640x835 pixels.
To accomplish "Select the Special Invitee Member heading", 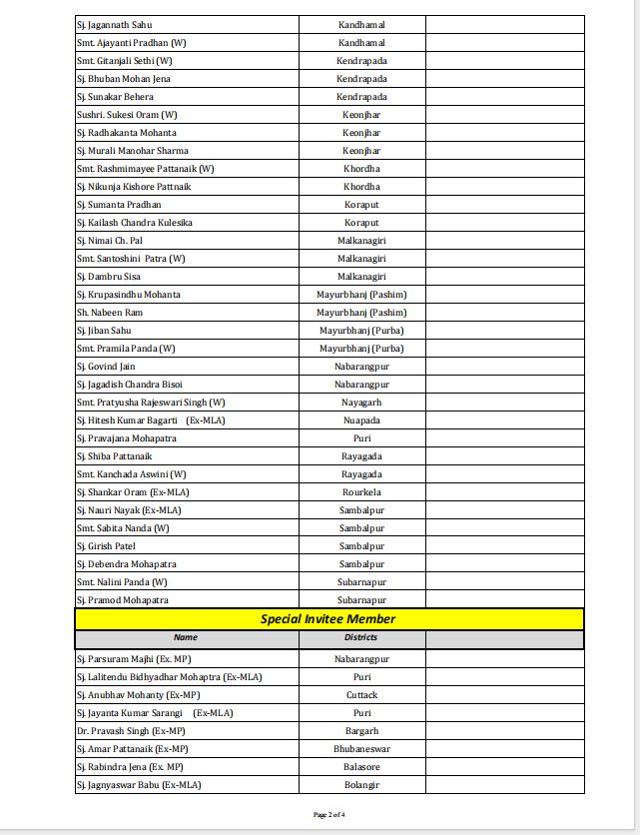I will coord(327,619).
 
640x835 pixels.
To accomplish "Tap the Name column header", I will coord(186,637).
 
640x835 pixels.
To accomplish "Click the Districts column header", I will coord(360,637).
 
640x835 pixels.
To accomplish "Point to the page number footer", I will coord(329,815).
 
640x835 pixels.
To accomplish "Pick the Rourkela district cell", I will coord(361,492).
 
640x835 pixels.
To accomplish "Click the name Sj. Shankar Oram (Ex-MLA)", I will coord(133,492).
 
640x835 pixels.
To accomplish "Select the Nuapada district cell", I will coord(361,420).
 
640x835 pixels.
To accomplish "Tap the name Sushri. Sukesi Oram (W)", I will coord(127,115).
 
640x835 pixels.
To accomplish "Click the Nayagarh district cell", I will coord(361,403).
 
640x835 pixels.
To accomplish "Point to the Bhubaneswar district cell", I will coord(361,749).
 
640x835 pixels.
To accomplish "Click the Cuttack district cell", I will coord(361,695).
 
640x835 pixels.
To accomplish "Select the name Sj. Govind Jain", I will coord(106,367).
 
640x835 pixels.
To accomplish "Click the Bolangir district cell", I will coord(361,785).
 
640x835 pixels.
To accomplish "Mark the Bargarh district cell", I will coord(361,731).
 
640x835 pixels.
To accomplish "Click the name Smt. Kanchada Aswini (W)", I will coord(131,474).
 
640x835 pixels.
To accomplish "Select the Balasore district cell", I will coord(361,767).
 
